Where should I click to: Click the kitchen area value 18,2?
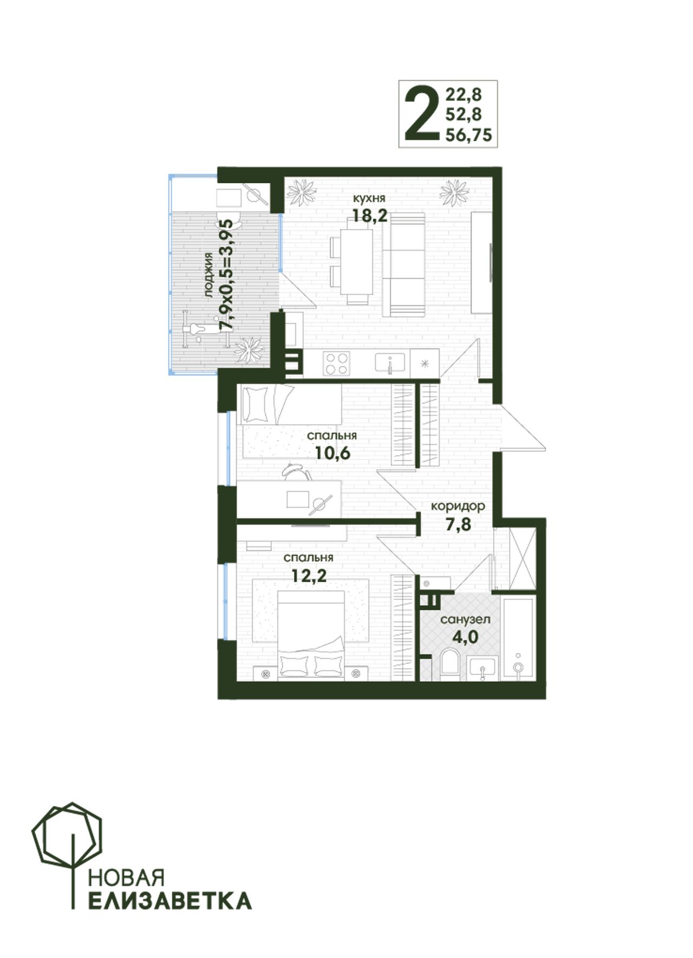[370, 216]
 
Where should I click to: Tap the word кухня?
[369, 198]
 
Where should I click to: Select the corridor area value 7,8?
[458, 524]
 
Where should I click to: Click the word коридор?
[458, 507]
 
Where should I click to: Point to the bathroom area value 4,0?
[465, 637]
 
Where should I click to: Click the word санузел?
[465, 619]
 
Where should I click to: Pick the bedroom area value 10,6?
[333, 453]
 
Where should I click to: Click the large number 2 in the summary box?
[421, 114]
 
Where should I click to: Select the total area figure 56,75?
[469, 135]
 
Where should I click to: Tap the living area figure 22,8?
[463, 95]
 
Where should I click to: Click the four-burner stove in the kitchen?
[336, 363]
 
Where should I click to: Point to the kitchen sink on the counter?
[390, 363]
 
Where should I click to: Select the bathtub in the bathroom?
[519, 637]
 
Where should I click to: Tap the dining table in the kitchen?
[356, 262]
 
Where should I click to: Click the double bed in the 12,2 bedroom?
[311, 633]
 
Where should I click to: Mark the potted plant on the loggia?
[249, 349]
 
